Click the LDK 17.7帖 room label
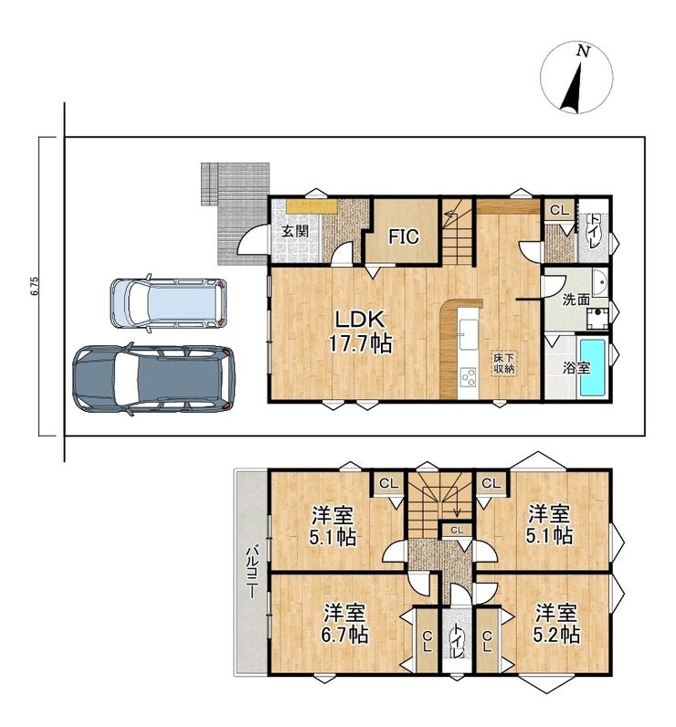(x=360, y=332)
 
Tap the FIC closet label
(x=404, y=237)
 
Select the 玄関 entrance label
(x=295, y=231)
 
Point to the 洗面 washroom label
(x=576, y=300)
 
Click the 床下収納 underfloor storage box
(x=504, y=363)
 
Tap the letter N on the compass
(x=583, y=51)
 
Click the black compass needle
(x=573, y=88)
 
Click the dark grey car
(x=154, y=379)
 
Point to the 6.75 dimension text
(x=35, y=287)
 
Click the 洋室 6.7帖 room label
(x=345, y=623)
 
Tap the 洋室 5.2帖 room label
(x=556, y=623)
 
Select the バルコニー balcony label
(x=252, y=572)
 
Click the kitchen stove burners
(x=468, y=377)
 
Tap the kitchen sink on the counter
(x=468, y=334)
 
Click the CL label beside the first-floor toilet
(x=559, y=210)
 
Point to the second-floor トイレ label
(x=458, y=641)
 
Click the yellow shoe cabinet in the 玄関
(x=312, y=206)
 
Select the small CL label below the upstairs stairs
(x=457, y=530)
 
